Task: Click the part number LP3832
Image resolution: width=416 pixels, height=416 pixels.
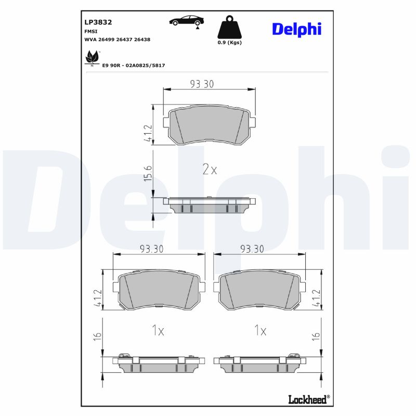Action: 98,22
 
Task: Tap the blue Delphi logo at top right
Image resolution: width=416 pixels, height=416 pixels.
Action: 296,29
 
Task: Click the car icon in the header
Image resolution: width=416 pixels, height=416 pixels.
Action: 186,21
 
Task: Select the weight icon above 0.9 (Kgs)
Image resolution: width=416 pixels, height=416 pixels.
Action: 229,28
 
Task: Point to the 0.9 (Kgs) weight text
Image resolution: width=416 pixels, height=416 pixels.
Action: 229,43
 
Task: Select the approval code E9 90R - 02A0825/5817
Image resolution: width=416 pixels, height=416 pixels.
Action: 134,66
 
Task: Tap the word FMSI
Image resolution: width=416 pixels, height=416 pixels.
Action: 91,31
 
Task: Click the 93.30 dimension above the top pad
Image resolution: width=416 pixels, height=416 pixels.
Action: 202,84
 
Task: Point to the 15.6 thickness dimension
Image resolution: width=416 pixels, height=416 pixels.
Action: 148,172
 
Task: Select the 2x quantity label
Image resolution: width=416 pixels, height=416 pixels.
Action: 209,170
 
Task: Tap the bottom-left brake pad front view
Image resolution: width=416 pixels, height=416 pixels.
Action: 159,291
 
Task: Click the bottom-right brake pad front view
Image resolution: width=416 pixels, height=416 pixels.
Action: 260,291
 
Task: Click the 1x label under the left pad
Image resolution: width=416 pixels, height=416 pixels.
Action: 158,331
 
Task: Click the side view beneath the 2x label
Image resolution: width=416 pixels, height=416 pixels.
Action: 210,205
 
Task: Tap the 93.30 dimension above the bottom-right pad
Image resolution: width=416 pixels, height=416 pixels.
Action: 252,249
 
